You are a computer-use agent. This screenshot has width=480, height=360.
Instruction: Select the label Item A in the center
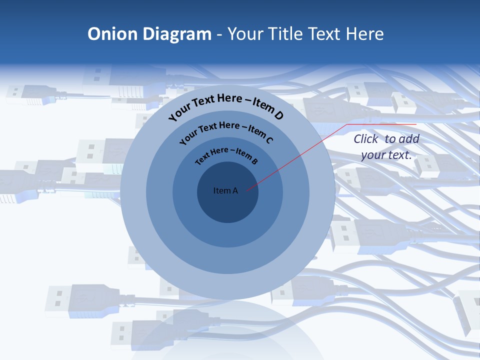click(225, 190)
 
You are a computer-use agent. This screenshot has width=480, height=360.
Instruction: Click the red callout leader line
click(300, 155)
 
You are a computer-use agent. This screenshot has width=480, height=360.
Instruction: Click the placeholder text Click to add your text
click(386, 147)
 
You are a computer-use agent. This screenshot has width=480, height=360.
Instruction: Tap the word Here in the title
click(363, 34)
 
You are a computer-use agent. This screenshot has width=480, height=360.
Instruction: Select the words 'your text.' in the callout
click(386, 155)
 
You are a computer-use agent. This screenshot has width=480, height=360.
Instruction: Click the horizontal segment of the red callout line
click(382, 124)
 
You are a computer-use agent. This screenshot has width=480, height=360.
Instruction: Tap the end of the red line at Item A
click(246, 190)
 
